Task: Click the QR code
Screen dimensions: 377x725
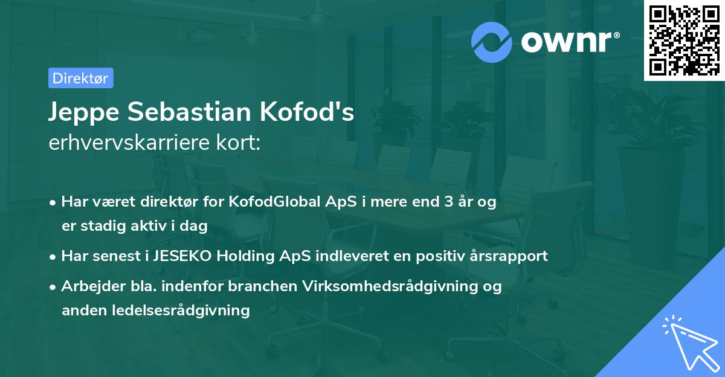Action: tap(684, 40)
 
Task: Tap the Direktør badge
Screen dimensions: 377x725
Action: tap(80, 78)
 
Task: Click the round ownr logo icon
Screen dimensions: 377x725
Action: tap(492, 42)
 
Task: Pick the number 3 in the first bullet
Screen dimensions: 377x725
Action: tap(449, 202)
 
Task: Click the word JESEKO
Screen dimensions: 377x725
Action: tap(183, 256)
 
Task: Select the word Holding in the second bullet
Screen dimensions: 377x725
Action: tap(246, 256)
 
